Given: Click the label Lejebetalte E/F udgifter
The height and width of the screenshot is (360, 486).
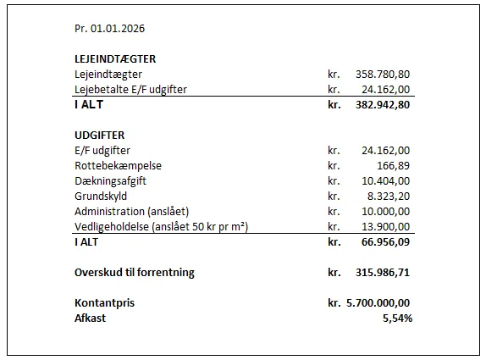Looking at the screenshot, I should coord(130,89).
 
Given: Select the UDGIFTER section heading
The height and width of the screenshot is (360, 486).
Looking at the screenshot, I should coord(100,135).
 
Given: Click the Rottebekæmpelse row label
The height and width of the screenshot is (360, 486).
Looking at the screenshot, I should coord(118,165).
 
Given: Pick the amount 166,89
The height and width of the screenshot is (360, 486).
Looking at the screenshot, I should coord(394,165).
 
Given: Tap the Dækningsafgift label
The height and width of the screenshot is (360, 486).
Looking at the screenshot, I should coord(113,180).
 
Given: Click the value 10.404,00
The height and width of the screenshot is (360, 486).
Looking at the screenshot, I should coord(386,180).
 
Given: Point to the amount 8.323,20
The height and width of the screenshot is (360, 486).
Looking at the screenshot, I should coord(389,196).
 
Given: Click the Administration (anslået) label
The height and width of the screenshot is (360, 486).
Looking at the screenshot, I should coord(131,211).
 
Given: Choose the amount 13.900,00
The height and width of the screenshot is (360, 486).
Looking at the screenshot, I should coord(386,226).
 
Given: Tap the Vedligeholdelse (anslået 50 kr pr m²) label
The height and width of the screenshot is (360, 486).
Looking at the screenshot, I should coord(161,226).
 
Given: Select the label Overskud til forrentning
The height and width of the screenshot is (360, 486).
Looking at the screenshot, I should coord(134,272).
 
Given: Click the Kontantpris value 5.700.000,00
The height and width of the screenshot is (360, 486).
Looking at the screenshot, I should coord(377,302).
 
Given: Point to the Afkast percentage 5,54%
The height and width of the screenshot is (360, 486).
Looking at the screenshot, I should coord(395,318).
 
